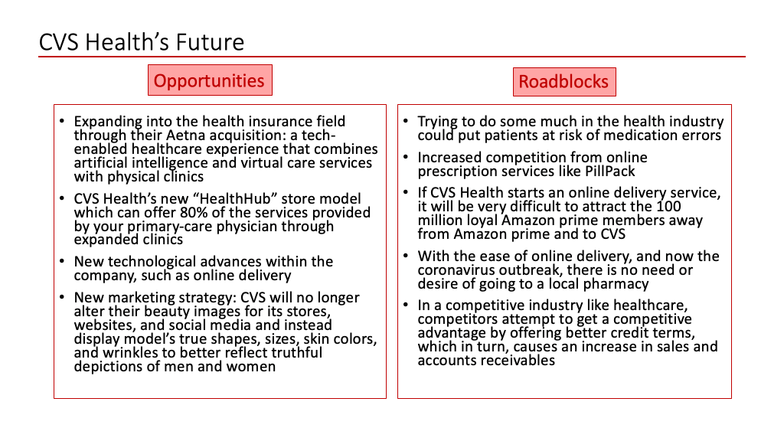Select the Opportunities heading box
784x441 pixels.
pyautogui.click(x=210, y=80)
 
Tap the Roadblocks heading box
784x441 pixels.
pyautogui.click(x=564, y=82)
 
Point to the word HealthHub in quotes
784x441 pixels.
pyautogui.click(x=235, y=199)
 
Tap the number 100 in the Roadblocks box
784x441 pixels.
pyautogui.click(x=668, y=207)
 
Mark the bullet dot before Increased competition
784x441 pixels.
pyautogui.click(x=406, y=157)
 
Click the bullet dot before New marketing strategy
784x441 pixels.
pyautogui.click(x=62, y=297)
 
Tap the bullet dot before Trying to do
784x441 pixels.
pyautogui.click(x=406, y=121)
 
